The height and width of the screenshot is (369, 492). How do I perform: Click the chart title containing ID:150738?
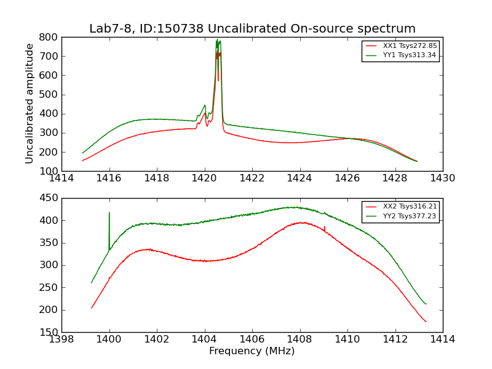(252, 29)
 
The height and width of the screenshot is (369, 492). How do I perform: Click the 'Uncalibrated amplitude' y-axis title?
(30, 103)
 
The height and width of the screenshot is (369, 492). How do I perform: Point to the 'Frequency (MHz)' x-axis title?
(252, 351)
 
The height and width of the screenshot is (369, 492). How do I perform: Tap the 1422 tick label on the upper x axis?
(252, 178)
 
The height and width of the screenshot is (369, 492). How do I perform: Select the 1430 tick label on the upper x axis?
(442, 178)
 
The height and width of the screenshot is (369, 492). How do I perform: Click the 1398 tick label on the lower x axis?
(61, 339)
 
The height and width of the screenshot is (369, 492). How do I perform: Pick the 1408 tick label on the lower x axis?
(300, 339)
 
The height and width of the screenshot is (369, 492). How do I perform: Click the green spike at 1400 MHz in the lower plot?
(109, 214)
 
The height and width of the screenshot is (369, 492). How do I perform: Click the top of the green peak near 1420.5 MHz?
(217, 41)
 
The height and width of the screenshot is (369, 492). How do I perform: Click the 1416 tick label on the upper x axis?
(109, 178)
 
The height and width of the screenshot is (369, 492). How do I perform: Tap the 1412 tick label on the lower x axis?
(395, 339)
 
